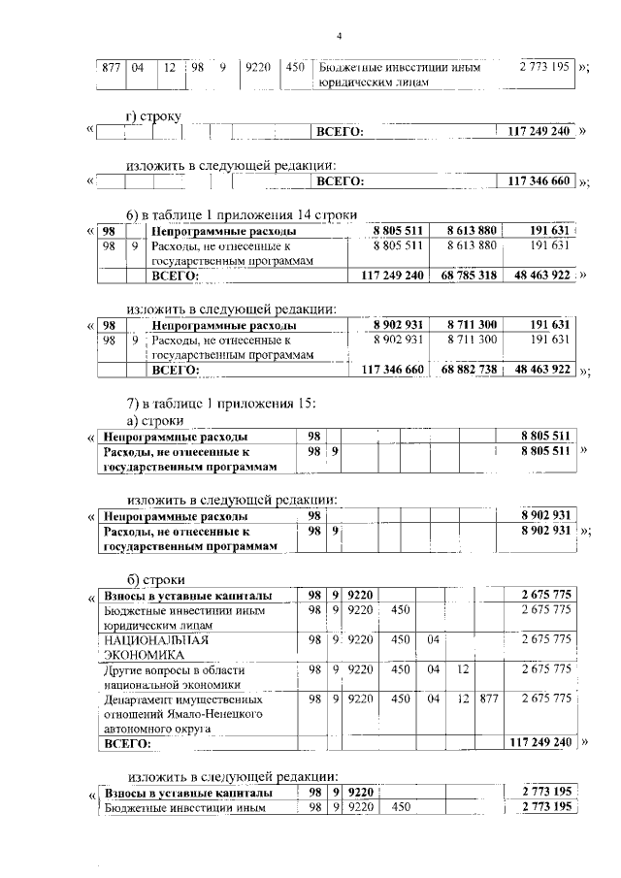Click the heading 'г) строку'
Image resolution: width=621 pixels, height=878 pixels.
[154, 116]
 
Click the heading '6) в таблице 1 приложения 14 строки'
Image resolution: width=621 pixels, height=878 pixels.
[243, 213]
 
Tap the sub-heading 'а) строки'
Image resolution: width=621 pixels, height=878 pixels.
[156, 420]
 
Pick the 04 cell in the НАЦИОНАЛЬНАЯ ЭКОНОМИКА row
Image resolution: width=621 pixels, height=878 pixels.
[434, 640]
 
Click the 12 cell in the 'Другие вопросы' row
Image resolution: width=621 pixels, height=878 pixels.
[462, 669]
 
